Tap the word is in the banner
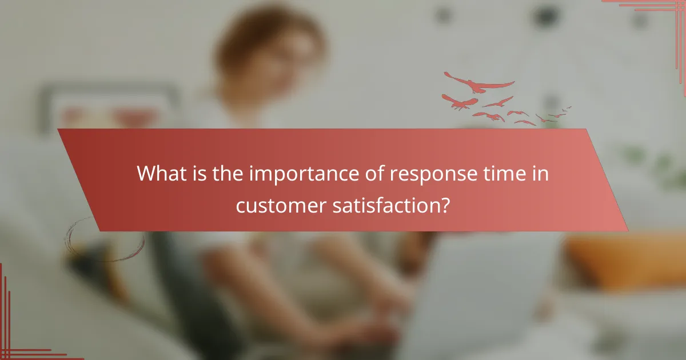(200, 174)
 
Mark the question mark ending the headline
(444, 205)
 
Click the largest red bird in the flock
(479, 84)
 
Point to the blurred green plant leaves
(657, 166)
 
